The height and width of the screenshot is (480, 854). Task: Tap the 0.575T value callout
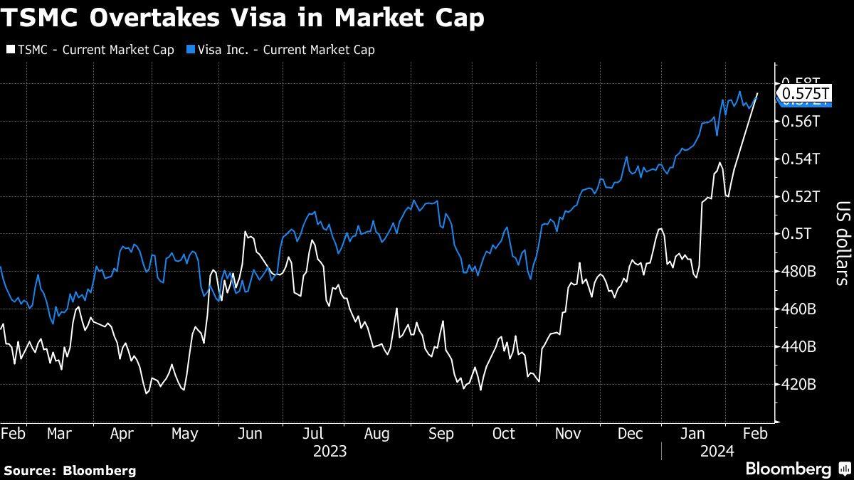[806, 93]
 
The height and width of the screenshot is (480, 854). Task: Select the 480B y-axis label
[798, 272]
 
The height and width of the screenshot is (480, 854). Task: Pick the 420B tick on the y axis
[798, 385]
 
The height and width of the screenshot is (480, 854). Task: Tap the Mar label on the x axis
[58, 433]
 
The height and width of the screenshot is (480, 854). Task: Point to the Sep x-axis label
[442, 433]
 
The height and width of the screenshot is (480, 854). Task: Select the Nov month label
[568, 433]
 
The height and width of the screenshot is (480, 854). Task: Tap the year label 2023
[330, 451]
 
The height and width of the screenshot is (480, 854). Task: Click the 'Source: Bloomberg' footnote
[70, 470]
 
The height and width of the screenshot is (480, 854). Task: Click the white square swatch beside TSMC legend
[9, 50]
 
